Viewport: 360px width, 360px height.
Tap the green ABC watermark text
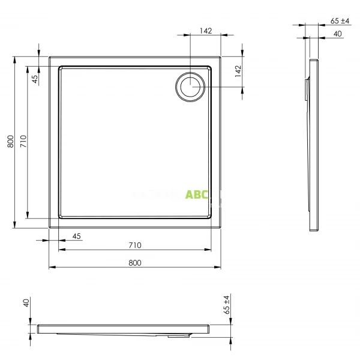197,195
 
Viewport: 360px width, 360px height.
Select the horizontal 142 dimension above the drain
206,32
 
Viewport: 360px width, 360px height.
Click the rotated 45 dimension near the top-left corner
35,77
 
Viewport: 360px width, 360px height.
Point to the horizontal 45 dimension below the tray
76,236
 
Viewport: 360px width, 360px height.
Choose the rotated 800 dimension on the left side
10,142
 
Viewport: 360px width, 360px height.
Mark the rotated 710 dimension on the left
23,142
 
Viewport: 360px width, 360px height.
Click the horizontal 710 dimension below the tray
134,245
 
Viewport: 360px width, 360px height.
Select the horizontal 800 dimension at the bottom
134,263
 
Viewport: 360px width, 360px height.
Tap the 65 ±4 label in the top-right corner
340,21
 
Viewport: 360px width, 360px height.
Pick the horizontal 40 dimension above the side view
337,34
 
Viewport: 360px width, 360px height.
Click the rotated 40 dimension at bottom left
26,304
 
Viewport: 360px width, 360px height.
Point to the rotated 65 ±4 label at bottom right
226,305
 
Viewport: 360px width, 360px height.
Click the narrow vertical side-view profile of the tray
314,144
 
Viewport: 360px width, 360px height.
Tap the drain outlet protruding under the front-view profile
178,336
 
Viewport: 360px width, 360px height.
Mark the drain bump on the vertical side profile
307,90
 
